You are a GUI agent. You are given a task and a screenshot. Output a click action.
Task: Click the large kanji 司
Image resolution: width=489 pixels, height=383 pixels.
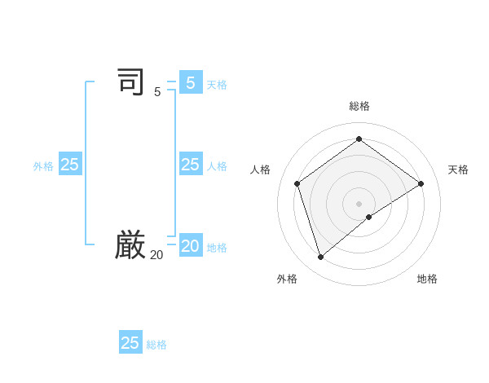coord(130,82)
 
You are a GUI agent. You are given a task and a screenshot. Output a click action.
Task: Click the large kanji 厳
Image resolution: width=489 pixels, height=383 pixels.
coord(130,244)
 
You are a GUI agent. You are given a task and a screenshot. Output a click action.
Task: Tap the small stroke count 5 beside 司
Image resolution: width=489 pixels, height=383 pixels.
coord(157,92)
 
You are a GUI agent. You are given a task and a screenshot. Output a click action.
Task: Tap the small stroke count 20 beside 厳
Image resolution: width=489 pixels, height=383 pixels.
coord(156,255)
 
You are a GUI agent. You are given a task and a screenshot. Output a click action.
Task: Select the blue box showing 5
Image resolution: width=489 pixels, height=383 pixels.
coord(190,83)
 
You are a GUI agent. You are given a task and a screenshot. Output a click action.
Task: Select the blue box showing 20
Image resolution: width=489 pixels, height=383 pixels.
coord(190,245)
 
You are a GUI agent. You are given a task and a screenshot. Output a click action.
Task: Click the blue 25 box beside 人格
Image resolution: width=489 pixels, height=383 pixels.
coord(190,165)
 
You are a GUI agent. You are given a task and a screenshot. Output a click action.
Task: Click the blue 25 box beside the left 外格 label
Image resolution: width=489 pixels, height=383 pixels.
coord(70,165)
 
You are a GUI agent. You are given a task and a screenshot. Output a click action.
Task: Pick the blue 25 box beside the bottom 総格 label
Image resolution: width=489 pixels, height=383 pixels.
coord(130,343)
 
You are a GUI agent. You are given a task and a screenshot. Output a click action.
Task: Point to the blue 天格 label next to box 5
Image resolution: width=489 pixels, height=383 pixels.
coord(217,85)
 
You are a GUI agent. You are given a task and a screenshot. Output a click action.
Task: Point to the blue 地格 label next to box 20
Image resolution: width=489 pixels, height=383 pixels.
coord(217,248)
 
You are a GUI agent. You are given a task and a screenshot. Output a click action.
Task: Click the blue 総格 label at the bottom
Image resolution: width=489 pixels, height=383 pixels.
coord(156,345)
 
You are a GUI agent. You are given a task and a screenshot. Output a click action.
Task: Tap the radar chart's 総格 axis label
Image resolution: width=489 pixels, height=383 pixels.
coord(359,106)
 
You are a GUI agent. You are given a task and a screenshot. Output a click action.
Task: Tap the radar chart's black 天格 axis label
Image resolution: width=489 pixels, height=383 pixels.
coord(458,169)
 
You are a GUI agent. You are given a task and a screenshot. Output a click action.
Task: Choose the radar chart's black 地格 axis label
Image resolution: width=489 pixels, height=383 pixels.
coord(427,279)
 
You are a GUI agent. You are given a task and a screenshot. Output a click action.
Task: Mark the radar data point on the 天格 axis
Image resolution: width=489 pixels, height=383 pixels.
coord(421,183)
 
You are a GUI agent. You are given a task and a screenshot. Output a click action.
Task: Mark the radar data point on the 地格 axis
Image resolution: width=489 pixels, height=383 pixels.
coord(369,217)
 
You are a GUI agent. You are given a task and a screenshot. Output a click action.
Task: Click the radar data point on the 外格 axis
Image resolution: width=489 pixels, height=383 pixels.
coord(320,258)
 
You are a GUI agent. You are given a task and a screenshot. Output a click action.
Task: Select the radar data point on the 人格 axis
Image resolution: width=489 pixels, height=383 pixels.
coord(297,183)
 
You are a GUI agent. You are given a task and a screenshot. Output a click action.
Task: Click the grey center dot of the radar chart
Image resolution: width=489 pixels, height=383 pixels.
coord(359,203)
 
